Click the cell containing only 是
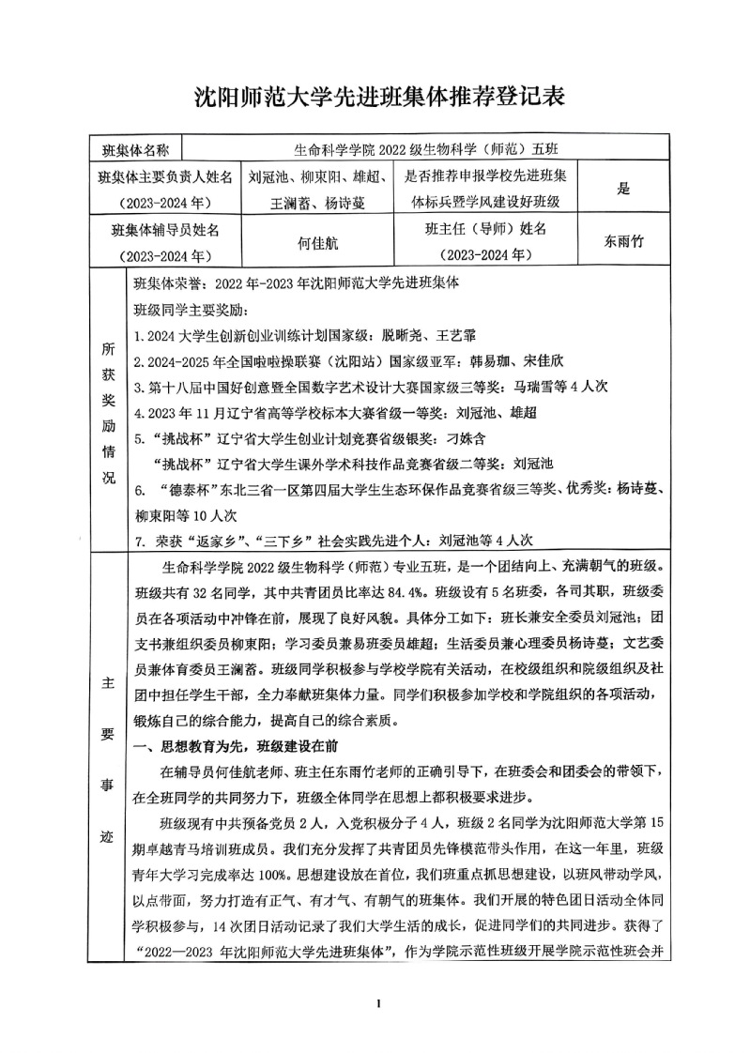623,189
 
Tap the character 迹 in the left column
108,836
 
